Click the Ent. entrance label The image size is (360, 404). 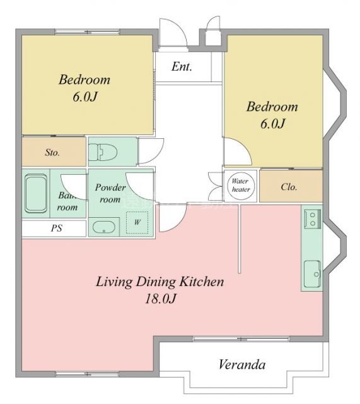[x=182, y=66]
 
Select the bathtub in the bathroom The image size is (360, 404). [x=36, y=195]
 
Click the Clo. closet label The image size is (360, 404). [x=289, y=187]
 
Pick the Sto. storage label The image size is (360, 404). [x=52, y=152]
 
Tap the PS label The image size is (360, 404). [x=57, y=229]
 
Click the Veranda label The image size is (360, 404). [x=242, y=364]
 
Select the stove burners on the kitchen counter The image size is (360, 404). [x=311, y=218]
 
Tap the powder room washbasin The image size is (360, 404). [x=103, y=227]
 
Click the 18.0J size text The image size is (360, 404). [x=159, y=299]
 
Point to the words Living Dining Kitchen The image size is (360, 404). [x=160, y=282]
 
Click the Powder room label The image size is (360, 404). [x=110, y=193]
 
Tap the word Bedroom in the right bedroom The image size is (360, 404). [x=272, y=106]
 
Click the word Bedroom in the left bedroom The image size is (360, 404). [x=84, y=80]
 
